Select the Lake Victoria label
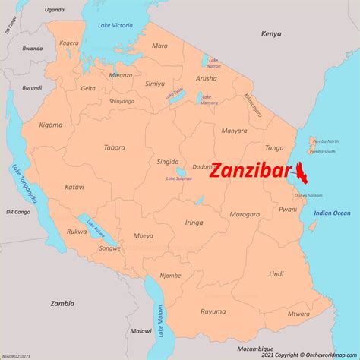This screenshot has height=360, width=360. coord(115,26)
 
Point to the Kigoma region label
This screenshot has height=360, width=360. coord(52,123)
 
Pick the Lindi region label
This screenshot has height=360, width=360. coord(276,273)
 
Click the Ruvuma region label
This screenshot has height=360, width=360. coord(213,311)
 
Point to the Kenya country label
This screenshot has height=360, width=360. coord(271,34)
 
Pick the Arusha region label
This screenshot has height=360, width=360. coord(207,77)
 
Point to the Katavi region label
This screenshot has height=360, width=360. coord(74,187)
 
